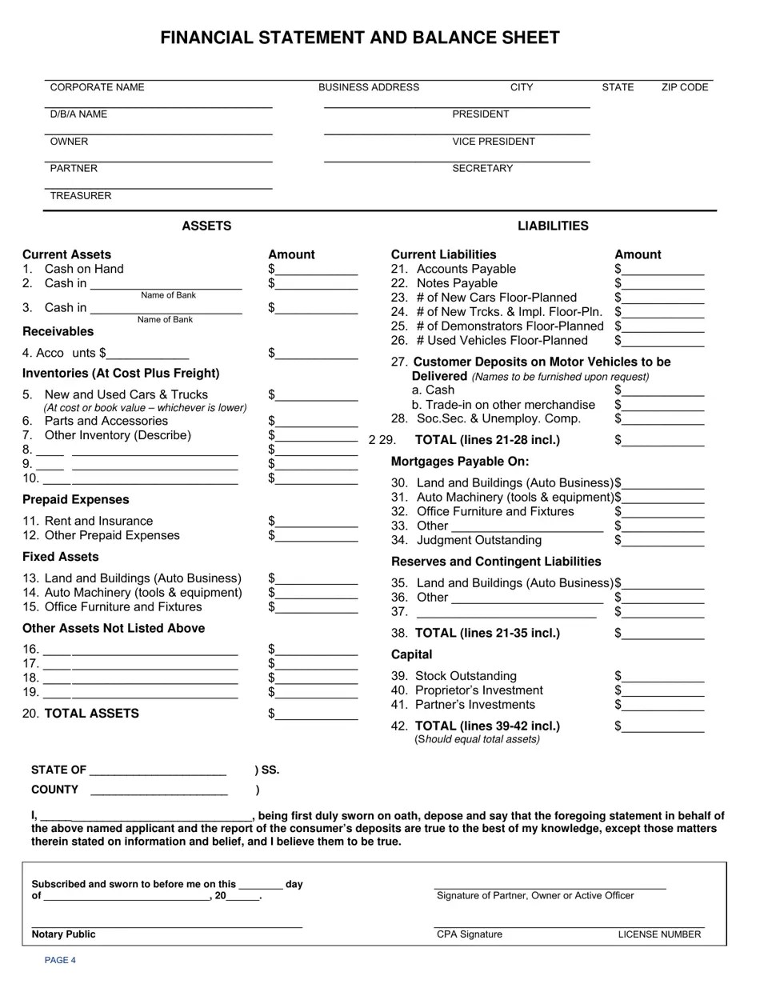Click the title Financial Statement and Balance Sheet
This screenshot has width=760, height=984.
point(360,38)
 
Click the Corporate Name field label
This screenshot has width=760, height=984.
point(97,87)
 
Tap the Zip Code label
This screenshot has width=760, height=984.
point(685,87)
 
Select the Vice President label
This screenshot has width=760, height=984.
point(494,142)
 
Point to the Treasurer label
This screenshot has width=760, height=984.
point(81,196)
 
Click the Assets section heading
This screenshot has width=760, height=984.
point(206,226)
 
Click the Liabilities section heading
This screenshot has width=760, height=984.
point(553,226)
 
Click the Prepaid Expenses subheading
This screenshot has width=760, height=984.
point(75,500)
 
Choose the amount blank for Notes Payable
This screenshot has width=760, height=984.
point(662,285)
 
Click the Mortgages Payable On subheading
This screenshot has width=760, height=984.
point(460,462)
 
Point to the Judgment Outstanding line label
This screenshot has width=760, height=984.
point(478,540)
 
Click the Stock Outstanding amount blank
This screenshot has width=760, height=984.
point(662,678)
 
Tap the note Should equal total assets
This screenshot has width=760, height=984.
point(477,739)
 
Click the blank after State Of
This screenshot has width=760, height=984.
point(158,771)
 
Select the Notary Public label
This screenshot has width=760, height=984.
point(63,934)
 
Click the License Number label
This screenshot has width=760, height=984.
point(659,934)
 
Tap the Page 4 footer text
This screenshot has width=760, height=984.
point(60,960)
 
